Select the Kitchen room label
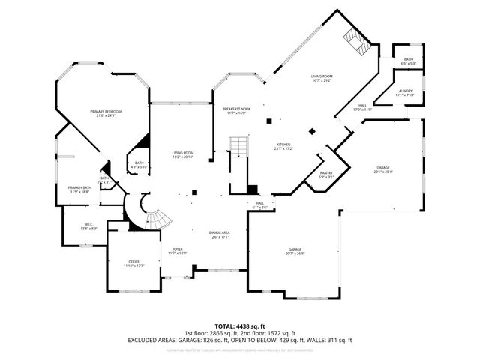pos(283,147)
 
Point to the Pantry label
pos(325,175)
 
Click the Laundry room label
pos(404,93)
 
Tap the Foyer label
pos(177,250)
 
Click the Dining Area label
pos(219,235)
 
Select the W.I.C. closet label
pos(88,226)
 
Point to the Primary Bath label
pos(79,190)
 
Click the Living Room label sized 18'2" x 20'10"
pos(183,155)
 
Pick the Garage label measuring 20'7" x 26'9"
pos(295,251)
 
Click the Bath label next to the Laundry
pos(408,61)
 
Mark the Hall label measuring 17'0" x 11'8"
pos(362,107)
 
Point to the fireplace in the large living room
pos(355,43)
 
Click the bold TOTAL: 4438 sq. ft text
pos(239,326)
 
